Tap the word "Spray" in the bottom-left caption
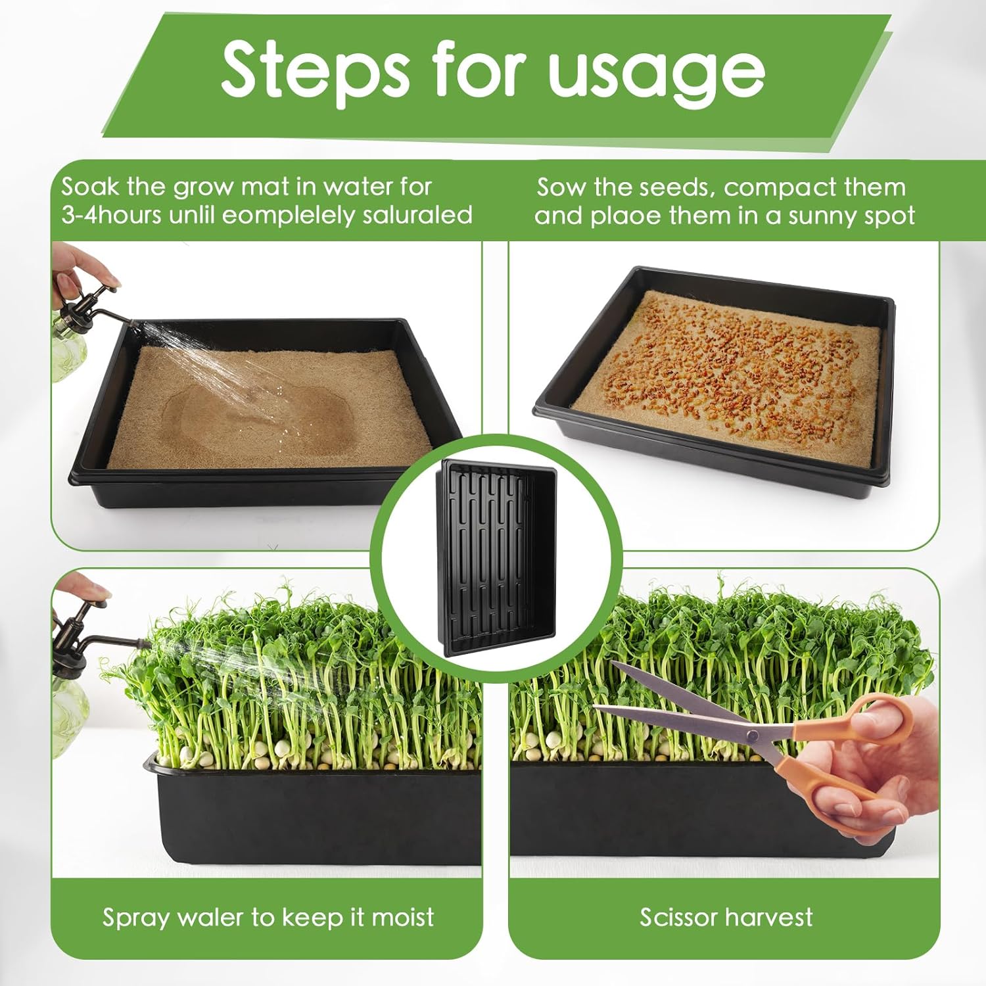136,918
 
